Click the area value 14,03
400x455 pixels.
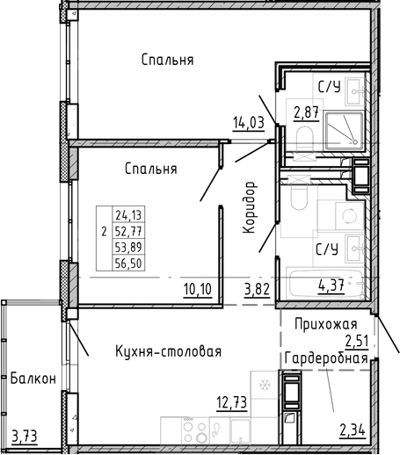coord(249,123)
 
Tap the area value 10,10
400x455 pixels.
coord(198,290)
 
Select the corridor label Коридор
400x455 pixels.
coord(250,207)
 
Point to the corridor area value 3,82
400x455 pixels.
coord(257,290)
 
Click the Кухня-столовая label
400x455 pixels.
coord(169,351)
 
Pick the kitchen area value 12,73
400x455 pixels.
coord(232,402)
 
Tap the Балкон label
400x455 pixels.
coord(33,379)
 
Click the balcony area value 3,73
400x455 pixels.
coord(25,437)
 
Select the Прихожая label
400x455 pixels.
coord(326,325)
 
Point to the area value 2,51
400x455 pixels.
coord(357,341)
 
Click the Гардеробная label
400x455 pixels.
coord(326,358)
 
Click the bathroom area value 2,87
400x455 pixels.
coord(307,112)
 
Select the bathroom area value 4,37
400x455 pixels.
coord(331,285)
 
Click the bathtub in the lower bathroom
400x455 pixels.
coord(326,283)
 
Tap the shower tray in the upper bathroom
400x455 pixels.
coord(345,131)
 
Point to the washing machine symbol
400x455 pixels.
coord(350,216)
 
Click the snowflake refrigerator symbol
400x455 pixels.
coord(265,385)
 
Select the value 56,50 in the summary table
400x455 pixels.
coord(128,264)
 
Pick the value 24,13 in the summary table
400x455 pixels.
coord(128,215)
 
